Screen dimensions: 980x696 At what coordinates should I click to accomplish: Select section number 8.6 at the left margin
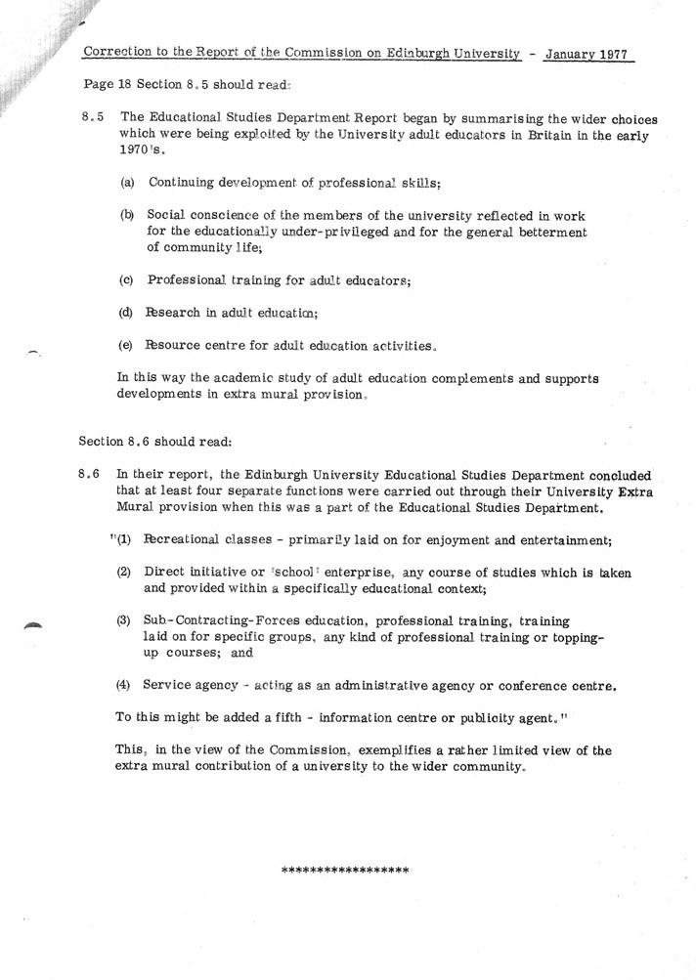click(x=91, y=471)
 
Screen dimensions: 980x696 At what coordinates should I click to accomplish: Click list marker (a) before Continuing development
click(x=128, y=183)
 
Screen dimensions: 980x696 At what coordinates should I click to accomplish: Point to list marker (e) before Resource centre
click(x=127, y=346)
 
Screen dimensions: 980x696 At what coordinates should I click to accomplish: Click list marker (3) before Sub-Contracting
click(x=123, y=620)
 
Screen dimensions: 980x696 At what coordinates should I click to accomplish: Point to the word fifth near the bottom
click(x=296, y=716)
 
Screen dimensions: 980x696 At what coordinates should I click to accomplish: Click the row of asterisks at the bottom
click(x=344, y=870)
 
